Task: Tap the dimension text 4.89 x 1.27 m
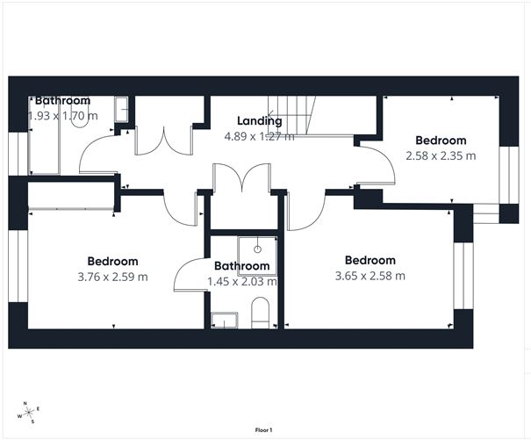click(260, 136)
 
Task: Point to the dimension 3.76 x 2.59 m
click(112, 277)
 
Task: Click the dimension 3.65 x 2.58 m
click(370, 276)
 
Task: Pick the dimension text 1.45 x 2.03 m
click(242, 282)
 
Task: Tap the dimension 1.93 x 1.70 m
click(63, 115)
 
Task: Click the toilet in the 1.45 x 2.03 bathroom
click(261, 312)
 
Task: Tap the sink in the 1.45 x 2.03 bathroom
click(225, 319)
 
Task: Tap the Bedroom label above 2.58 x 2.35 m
click(441, 141)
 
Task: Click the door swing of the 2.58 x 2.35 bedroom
click(371, 164)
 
